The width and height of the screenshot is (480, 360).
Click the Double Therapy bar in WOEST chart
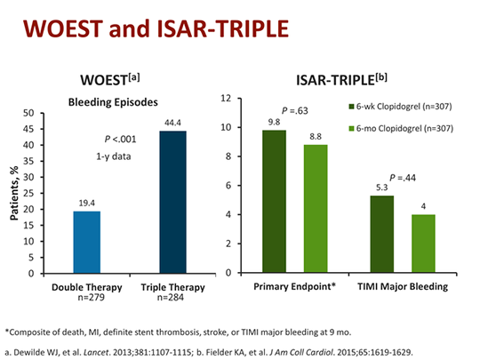(x=87, y=242)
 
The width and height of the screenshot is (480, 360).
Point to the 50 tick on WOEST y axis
(x=53, y=113)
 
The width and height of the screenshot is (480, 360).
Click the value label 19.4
(x=86, y=204)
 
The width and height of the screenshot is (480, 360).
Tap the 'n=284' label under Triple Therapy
(x=173, y=298)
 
